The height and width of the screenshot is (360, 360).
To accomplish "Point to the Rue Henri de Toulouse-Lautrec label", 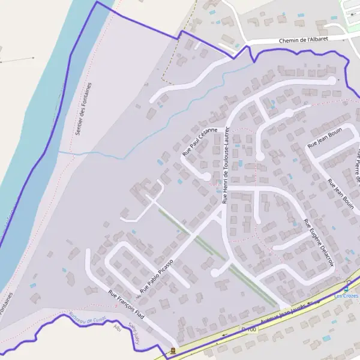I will tap(226, 165).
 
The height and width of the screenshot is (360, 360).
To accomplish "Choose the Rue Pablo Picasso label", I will tap(157, 276).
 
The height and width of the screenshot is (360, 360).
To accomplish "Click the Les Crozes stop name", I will tap(346, 295).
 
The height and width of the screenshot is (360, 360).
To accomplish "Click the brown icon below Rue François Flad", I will tap(173, 350).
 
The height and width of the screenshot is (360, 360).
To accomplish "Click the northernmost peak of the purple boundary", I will tap(97, 2).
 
